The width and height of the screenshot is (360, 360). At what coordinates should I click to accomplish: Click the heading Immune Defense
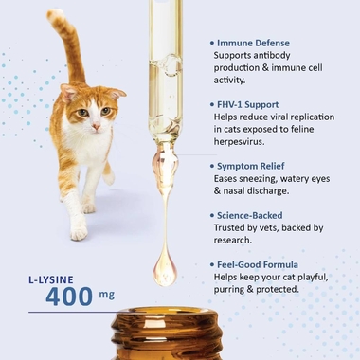[x=253, y=43]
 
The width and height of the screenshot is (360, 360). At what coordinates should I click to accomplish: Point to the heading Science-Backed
[x=249, y=215]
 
